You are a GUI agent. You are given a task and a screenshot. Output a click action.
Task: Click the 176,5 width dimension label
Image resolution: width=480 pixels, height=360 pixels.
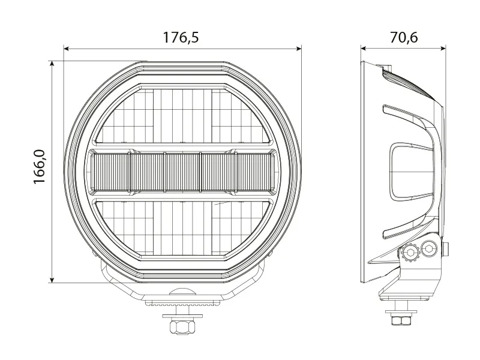click(x=181, y=37)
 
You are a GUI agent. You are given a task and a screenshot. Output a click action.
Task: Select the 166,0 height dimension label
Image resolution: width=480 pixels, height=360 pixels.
click(x=40, y=167)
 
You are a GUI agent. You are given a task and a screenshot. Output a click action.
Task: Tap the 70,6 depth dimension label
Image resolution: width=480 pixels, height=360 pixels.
click(x=404, y=37)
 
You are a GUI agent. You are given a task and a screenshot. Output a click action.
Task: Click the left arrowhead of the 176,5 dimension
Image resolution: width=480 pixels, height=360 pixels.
click(x=67, y=49)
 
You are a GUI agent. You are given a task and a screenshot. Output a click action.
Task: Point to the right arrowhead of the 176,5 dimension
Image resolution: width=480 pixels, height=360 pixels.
click(x=298, y=49)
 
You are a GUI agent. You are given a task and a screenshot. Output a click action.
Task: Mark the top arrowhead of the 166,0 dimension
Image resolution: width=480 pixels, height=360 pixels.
click(x=52, y=64)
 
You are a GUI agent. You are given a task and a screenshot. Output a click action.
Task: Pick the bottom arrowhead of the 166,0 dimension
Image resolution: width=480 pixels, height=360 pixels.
click(x=52, y=280)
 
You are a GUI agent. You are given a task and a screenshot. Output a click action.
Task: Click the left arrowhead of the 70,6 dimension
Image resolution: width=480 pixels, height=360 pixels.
click(x=364, y=49)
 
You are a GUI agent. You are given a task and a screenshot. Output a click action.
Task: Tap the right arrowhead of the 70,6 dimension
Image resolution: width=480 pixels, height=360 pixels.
click(x=442, y=49)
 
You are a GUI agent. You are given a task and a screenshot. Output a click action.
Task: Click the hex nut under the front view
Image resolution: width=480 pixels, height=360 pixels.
click(x=182, y=326)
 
